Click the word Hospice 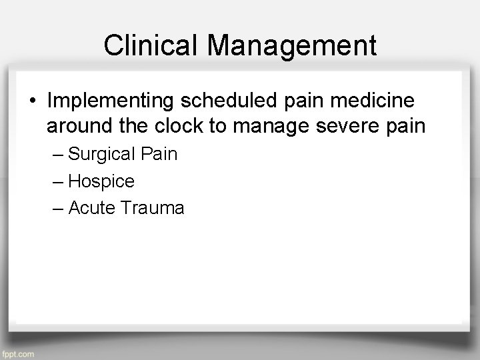(x=101, y=181)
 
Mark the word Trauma (x=152, y=208)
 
